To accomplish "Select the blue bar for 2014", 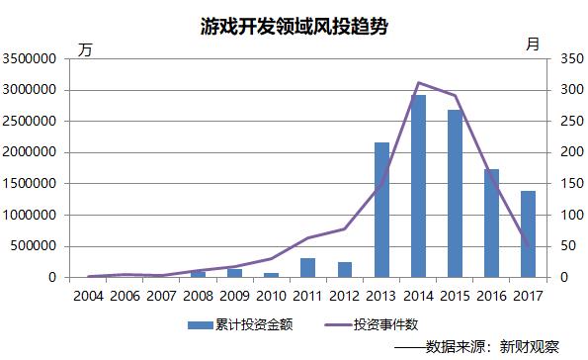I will coord(419,186).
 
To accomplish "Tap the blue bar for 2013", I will coord(381,210).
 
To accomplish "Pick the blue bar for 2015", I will coord(456,193).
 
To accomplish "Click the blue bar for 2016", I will coord(492,223).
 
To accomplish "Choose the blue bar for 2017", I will coord(529,233).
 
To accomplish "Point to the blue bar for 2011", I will coord(308,267).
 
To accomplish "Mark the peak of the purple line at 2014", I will coord(419,82).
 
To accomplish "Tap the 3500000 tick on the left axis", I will coord(33,59).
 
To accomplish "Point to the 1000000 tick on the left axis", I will coord(33,215).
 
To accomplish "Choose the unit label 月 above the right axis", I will coord(533,44).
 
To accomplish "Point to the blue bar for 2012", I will coord(345,269).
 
